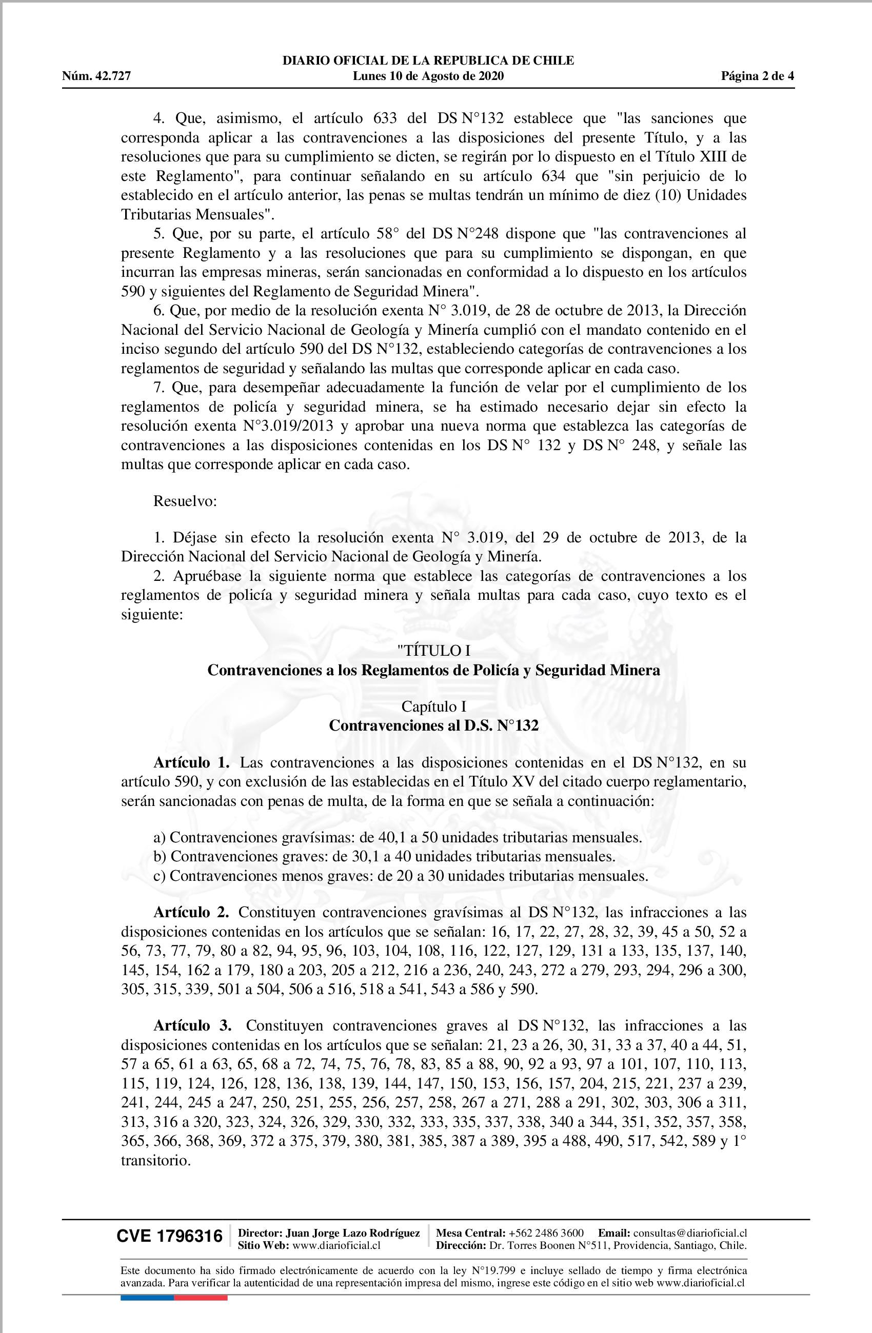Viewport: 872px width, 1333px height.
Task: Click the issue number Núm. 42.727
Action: [x=96, y=76]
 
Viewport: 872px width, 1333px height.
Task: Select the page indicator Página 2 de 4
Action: [x=757, y=76]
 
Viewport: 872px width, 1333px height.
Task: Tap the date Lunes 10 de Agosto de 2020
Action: [x=428, y=76]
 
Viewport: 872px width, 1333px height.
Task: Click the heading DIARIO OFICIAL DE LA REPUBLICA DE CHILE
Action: [x=428, y=60]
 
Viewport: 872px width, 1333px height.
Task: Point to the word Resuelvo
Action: [x=185, y=501]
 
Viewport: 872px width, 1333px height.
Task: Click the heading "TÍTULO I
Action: [x=433, y=651]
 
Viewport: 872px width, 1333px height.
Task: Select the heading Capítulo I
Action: [x=433, y=706]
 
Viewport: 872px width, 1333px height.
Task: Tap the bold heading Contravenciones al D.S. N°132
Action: [x=433, y=726]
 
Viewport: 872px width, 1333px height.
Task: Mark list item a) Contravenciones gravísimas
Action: [x=398, y=838]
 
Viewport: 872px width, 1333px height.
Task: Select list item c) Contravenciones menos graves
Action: [x=400, y=876]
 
